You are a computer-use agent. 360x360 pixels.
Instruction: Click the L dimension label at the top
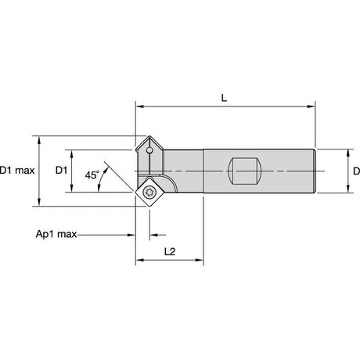(x=224, y=98)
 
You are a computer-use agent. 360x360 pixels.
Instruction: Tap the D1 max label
(x=17, y=171)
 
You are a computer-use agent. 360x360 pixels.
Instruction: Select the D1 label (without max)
(x=61, y=171)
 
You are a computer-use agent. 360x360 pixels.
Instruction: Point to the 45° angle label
(x=92, y=175)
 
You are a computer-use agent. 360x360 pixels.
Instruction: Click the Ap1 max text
(x=56, y=234)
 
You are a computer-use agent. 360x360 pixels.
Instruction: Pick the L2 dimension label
(x=170, y=252)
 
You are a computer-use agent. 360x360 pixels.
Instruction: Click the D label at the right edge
(x=356, y=171)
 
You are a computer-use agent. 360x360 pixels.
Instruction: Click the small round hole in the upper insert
(x=149, y=150)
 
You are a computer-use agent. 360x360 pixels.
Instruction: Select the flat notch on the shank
(x=244, y=171)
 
